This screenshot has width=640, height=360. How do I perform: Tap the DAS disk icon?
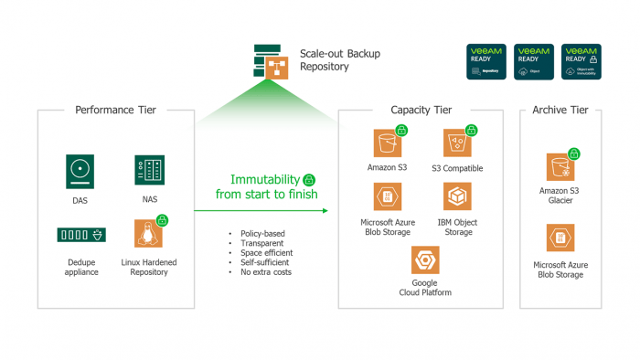tap(80, 171)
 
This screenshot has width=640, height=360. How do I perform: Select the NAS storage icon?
tap(149, 171)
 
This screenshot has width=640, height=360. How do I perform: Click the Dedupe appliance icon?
tap(80, 235)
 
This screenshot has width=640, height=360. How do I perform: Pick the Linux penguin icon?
tap(148, 234)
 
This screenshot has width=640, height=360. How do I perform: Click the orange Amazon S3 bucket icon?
tap(388, 144)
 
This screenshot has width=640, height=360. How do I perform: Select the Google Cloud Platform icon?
tap(424, 261)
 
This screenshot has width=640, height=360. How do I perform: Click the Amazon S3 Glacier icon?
tap(560, 167)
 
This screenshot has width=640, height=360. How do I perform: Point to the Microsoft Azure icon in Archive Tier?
tap(560, 238)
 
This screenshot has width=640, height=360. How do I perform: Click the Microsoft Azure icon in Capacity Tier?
tap(388, 197)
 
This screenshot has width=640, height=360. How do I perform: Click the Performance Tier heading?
tap(115, 111)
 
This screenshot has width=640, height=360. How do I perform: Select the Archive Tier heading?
tap(560, 111)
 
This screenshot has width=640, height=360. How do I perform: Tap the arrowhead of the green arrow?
tap(324, 210)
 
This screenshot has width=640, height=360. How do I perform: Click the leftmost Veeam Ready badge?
tap(486, 61)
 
